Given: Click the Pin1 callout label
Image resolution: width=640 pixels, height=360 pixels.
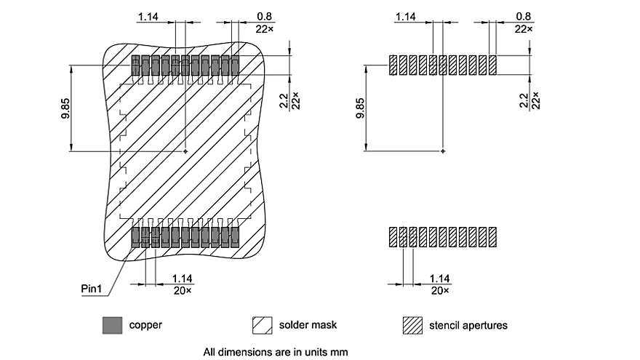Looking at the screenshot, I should point(92,289).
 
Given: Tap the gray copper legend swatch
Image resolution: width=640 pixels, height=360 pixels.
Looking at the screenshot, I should point(112,325).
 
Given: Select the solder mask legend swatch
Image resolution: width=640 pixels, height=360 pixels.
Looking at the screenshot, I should point(261,325).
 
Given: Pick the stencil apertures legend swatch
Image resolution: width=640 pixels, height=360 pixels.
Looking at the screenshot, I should point(412,325).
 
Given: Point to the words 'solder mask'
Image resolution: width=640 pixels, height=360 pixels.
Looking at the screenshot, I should point(309,325).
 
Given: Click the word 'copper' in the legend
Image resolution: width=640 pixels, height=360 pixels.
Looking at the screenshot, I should point(145,325).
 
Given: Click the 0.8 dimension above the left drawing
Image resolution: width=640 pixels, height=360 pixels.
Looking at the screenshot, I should point(265,16).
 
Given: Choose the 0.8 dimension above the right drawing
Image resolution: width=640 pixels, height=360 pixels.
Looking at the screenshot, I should point(523,16).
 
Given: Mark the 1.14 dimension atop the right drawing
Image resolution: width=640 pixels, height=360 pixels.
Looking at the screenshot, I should point(406,16).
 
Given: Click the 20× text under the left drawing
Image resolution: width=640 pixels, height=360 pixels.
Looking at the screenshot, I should point(182,290).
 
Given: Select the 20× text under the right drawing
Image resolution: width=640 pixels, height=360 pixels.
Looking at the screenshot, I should point(440,290).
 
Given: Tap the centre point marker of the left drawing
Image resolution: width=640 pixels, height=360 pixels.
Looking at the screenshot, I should point(185,151).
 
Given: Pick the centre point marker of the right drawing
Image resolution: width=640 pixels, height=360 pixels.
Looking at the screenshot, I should point(443,151).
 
